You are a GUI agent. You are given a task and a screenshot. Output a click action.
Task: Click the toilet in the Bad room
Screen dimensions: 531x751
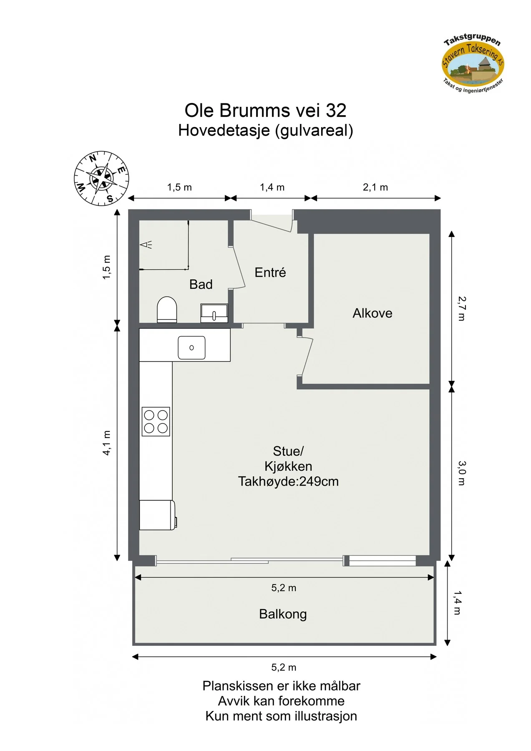coord(167,309)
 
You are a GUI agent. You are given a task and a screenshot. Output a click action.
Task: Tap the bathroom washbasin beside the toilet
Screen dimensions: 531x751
coord(214,313)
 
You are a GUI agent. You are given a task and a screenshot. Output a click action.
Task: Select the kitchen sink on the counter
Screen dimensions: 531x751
coord(191,348)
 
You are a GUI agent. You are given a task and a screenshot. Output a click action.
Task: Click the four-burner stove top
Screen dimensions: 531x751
coord(156,421)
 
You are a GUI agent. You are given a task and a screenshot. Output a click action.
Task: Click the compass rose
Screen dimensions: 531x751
coord(101,179)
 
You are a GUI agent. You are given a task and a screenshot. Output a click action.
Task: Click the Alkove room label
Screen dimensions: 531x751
coord(372,313)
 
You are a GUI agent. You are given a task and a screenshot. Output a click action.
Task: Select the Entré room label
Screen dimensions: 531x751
coord(270,272)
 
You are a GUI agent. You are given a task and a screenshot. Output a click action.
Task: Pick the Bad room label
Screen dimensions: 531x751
coord(201,285)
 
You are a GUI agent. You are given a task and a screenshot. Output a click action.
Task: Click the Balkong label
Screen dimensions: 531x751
coord(283,614)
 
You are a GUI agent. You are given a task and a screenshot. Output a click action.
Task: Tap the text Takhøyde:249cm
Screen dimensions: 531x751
coord(288,481)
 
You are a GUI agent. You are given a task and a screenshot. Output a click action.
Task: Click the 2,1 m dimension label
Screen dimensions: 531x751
coord(375,187)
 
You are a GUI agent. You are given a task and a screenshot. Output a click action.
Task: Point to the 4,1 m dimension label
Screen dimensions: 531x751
coord(107,443)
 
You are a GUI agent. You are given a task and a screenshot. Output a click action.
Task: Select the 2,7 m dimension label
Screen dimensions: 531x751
coord(462,309)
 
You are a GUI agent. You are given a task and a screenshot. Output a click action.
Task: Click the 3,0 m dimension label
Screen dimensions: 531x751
coord(462,473)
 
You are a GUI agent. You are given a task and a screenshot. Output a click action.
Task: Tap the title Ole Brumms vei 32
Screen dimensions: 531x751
coord(266,111)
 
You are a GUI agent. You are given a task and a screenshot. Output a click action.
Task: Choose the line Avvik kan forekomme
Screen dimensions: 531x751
coord(282,701)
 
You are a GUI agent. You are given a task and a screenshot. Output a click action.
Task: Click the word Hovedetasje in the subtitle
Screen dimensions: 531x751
coord(224,131)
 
